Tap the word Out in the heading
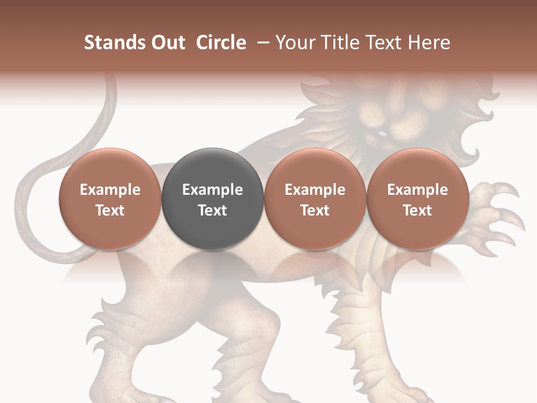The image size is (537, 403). click(166, 43)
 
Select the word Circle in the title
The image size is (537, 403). click(221, 43)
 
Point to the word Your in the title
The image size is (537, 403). click(295, 43)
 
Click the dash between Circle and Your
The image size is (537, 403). click(261, 43)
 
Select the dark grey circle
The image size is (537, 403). click(213, 198)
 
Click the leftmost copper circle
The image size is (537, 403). click(110, 198)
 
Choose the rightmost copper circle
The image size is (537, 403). click(417, 198)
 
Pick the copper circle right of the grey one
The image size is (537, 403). click(315, 198)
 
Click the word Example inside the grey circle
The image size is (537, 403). click(213, 190)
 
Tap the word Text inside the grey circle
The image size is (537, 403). click(213, 210)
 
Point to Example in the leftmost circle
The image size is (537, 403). click(110, 190)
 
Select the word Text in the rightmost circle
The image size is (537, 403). click(417, 210)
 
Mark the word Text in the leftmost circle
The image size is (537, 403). click(110, 210)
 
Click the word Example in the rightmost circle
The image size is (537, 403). click(417, 190)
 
